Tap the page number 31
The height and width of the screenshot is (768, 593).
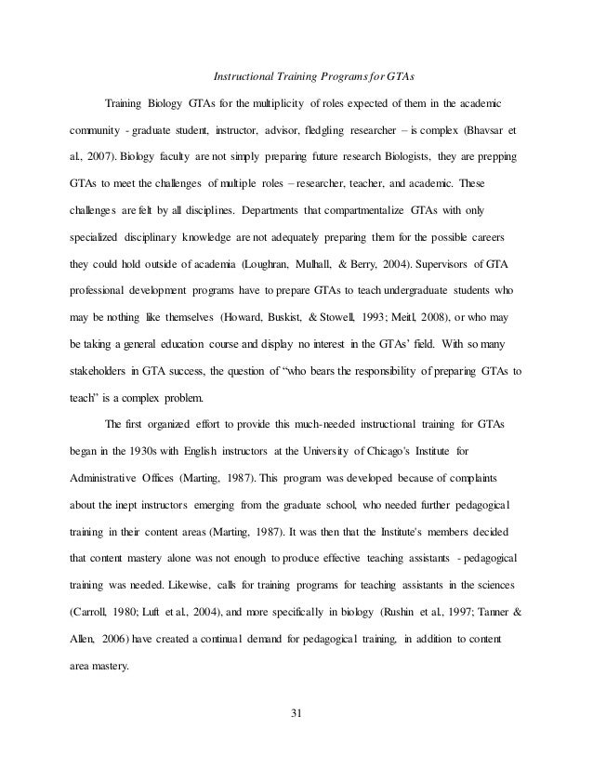click(296, 713)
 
